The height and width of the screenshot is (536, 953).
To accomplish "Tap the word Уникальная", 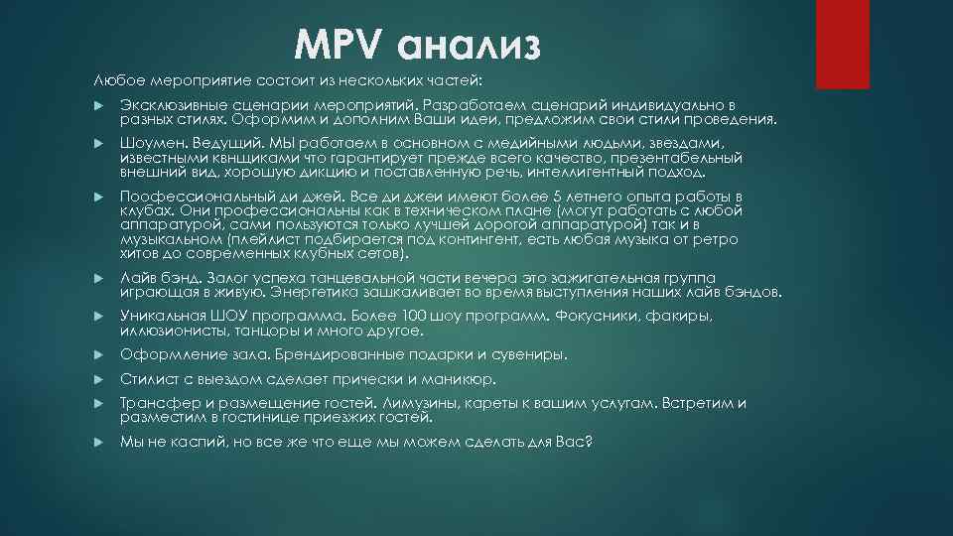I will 160,316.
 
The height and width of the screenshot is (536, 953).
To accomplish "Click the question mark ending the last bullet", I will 589,441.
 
